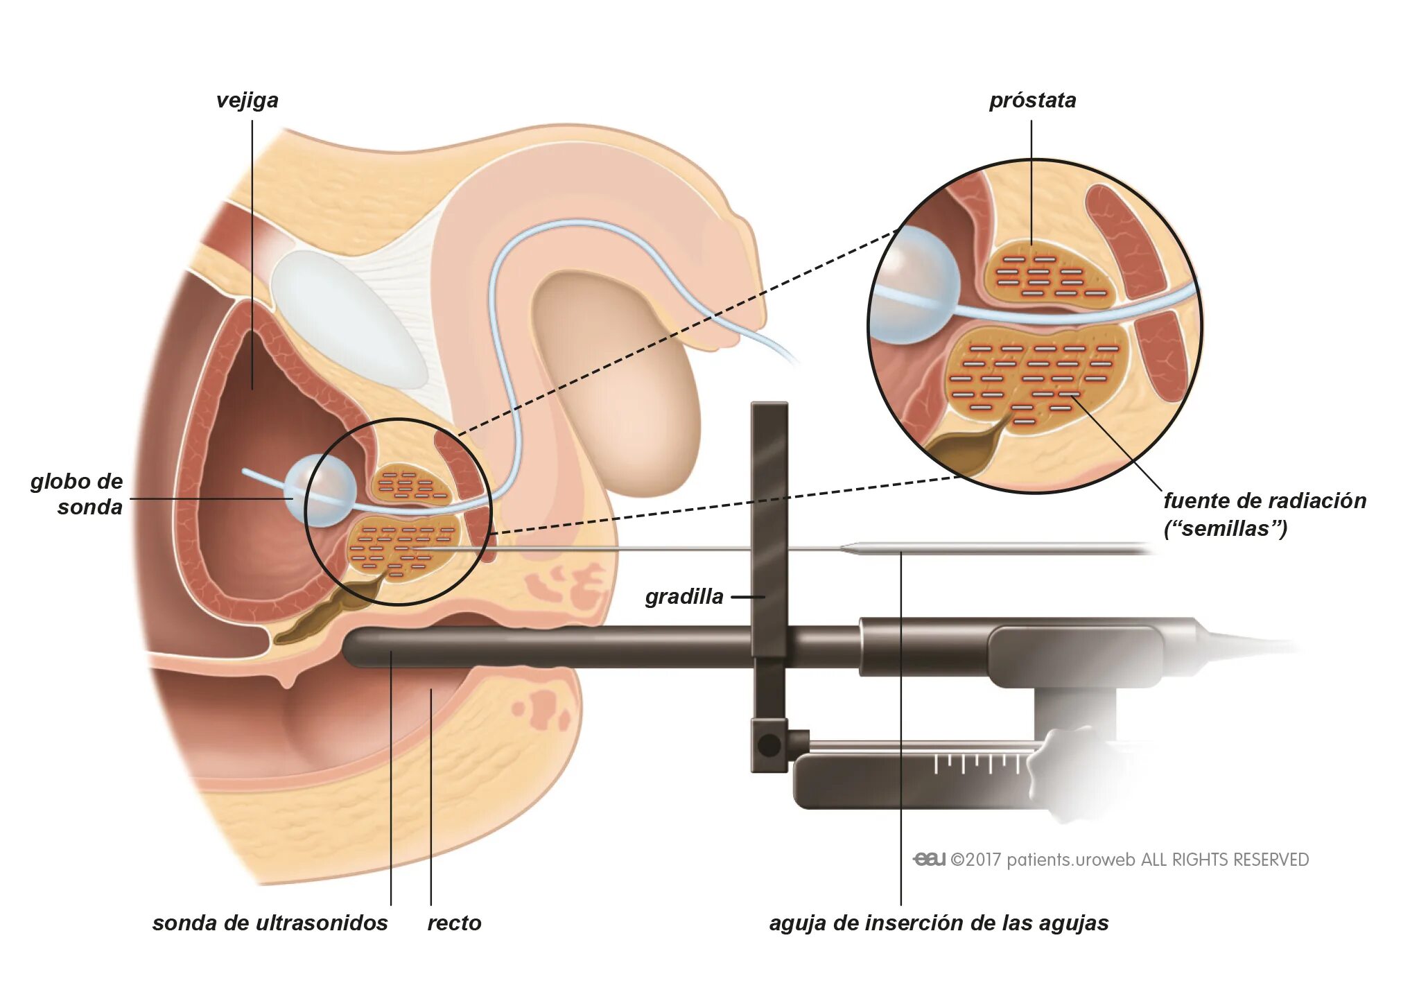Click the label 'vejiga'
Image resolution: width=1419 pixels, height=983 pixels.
click(247, 101)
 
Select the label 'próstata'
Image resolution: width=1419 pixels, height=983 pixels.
click(1032, 101)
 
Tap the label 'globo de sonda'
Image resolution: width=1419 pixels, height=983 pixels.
click(77, 494)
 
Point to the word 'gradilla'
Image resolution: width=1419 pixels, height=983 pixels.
click(684, 596)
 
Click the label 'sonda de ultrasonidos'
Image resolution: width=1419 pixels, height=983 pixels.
click(270, 923)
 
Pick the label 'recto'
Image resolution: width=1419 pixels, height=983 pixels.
click(454, 923)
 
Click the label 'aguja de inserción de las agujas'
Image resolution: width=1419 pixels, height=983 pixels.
click(939, 923)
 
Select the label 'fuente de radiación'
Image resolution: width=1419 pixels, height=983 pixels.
click(1264, 501)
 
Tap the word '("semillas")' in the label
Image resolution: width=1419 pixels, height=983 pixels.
click(1225, 529)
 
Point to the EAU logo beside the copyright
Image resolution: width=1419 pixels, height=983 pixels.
click(930, 860)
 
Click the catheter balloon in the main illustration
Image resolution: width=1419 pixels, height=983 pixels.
click(320, 490)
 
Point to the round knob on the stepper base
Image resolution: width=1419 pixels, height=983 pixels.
click(769, 745)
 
